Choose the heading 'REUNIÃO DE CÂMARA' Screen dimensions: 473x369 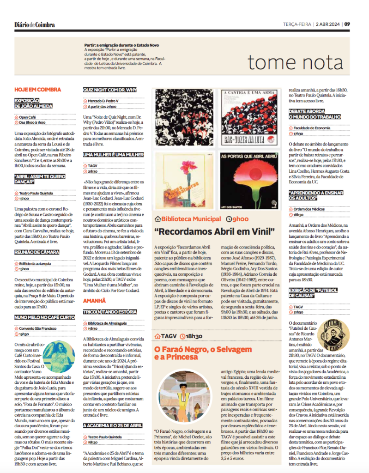pyautogui.click(x=37, y=252)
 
